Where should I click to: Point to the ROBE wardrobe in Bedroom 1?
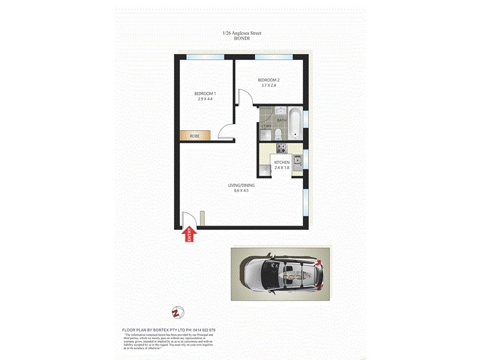click(195, 136)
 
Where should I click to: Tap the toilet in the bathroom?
click(280, 133)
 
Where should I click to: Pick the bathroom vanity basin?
click(280, 110)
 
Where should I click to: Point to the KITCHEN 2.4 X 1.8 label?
click(282, 166)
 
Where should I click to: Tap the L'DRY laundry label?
click(266, 126)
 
